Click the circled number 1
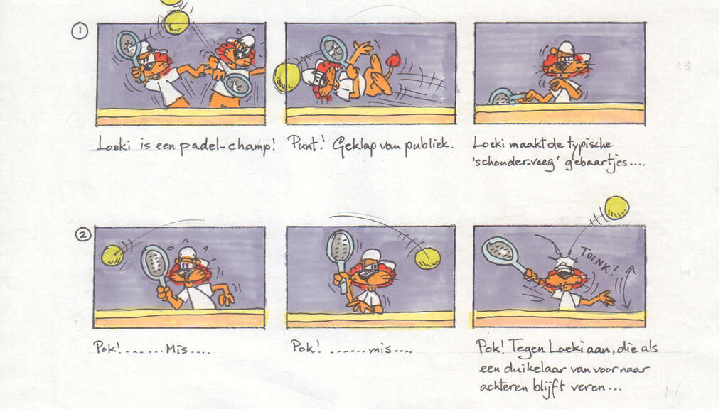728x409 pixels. (x=80, y=31)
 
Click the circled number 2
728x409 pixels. (x=83, y=234)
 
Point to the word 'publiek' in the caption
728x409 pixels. (x=429, y=146)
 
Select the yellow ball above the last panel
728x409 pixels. (x=616, y=207)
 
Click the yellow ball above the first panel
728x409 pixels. (x=176, y=21)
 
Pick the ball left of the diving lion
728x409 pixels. (x=287, y=77)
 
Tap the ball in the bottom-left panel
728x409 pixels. (x=112, y=255)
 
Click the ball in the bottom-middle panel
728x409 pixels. (x=427, y=258)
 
